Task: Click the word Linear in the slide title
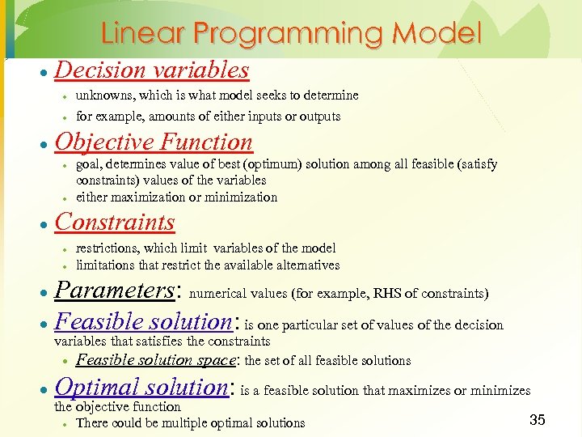coord(142,33)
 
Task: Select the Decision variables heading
coord(151,70)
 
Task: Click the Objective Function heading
coord(154,142)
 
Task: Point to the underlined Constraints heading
coord(114,222)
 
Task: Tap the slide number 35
coord(537,419)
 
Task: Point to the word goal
coord(88,164)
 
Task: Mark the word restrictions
coord(108,248)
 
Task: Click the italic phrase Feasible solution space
coord(157,360)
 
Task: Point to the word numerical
coord(217,293)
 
